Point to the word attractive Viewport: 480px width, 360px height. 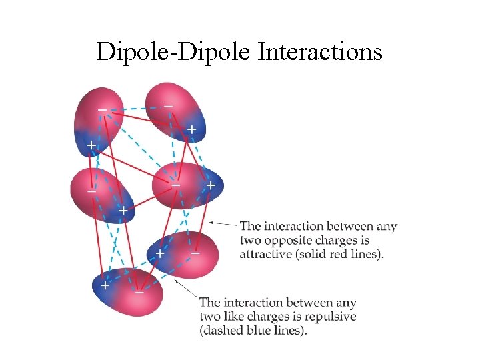click(268, 254)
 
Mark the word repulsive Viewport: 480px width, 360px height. click(331, 317)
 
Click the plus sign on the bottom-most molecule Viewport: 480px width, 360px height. click(104, 285)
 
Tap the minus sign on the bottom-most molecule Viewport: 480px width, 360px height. click(139, 292)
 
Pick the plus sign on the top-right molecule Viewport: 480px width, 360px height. click(191, 129)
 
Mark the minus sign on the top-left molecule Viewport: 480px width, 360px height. click(102, 109)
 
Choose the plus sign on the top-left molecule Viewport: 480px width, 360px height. click(90, 145)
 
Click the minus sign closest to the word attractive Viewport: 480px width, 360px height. click(195, 253)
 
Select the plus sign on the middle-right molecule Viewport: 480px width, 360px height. click(211, 185)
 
